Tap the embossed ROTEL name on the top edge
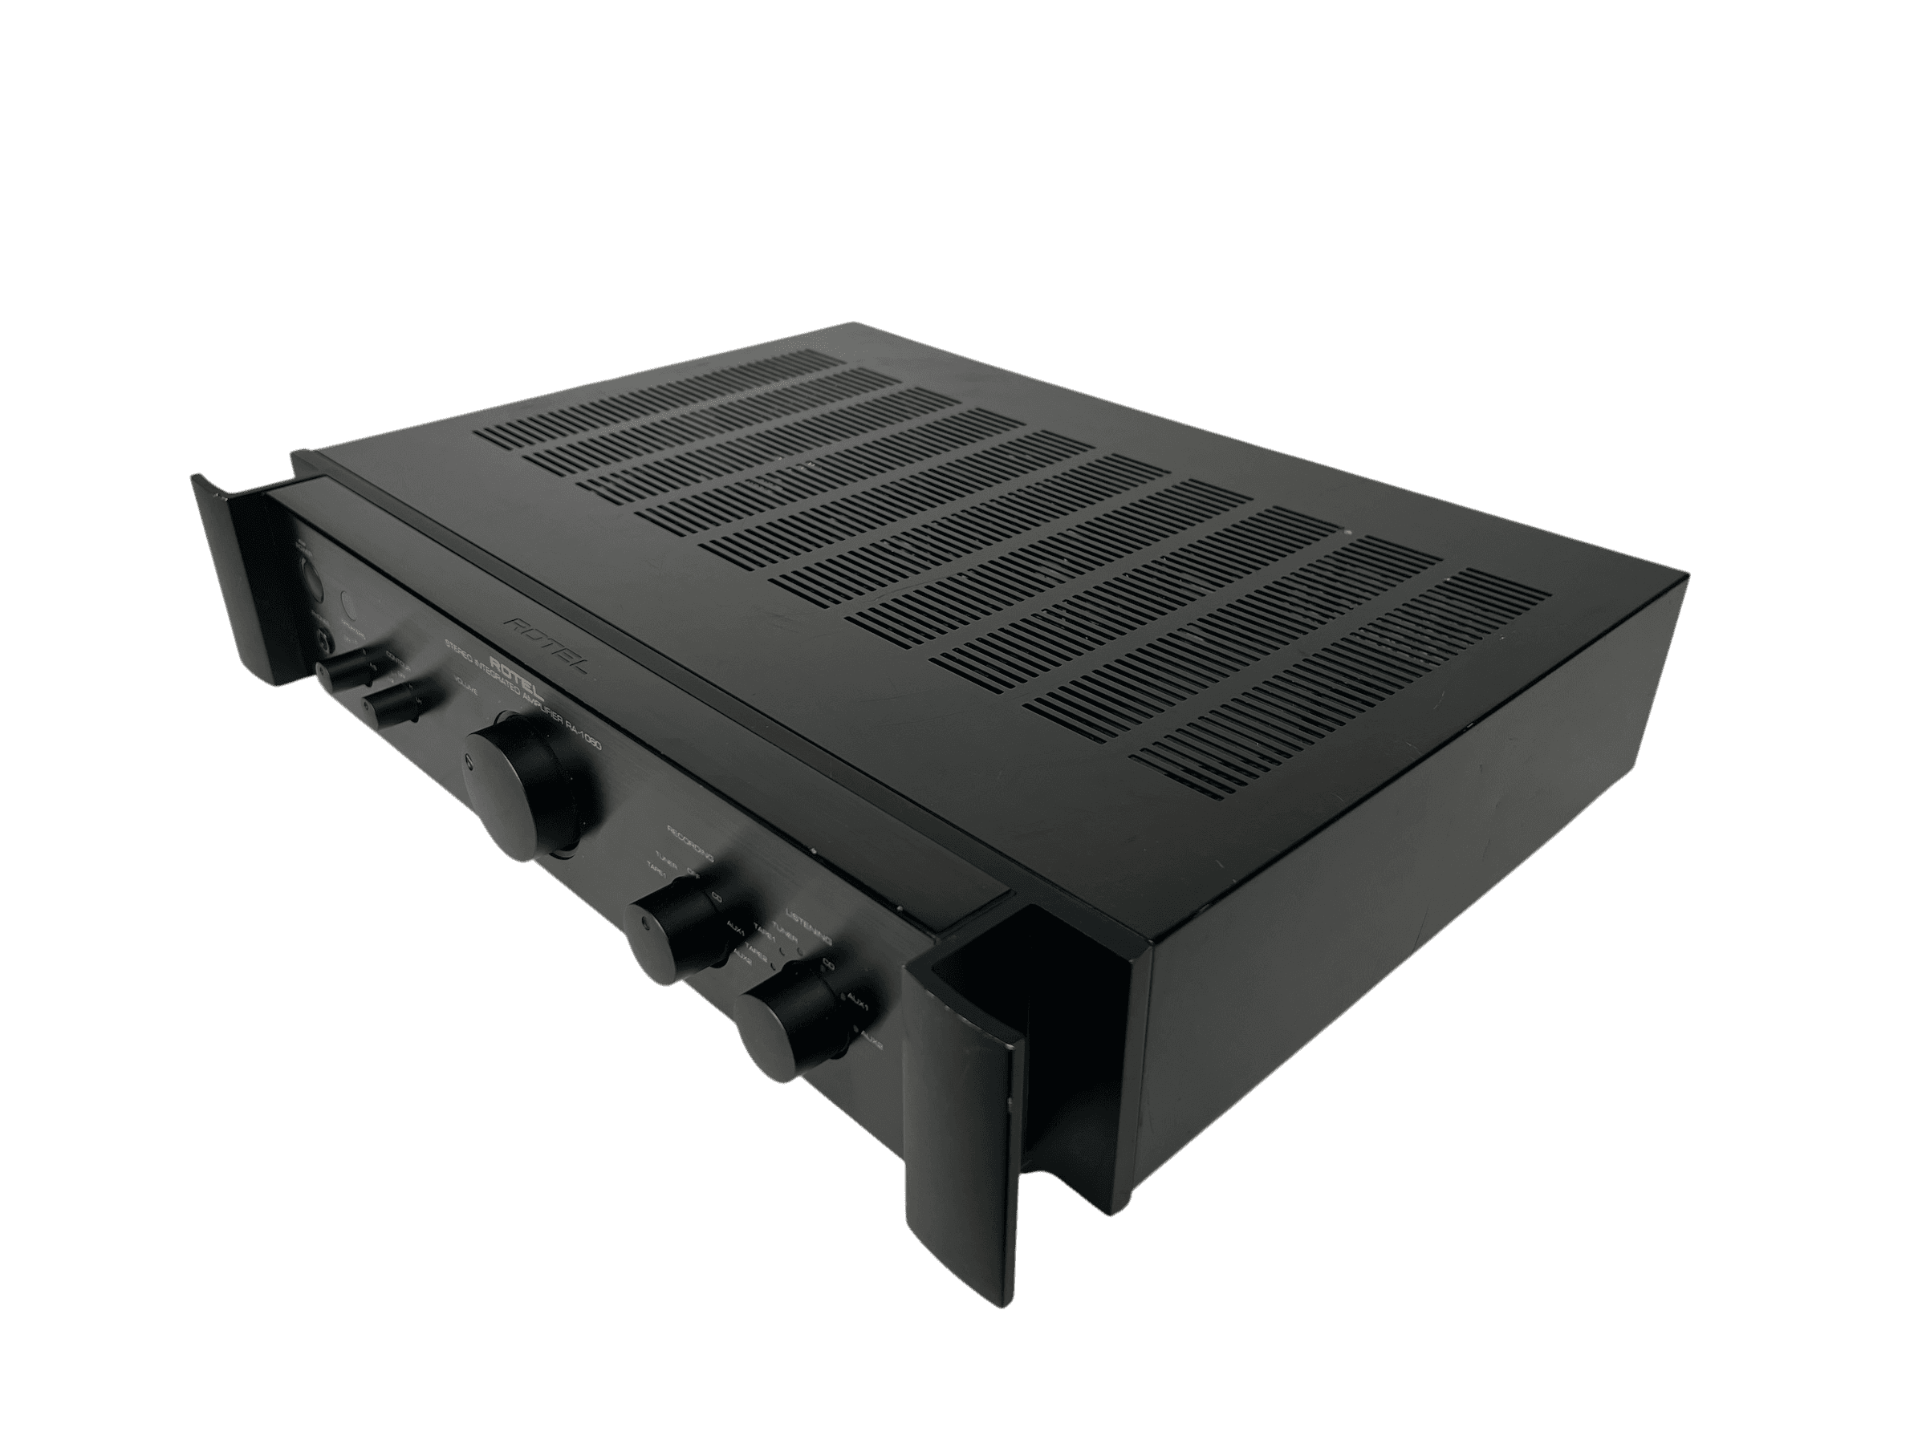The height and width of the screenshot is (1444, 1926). (532, 639)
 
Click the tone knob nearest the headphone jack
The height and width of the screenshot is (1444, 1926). (346, 675)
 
